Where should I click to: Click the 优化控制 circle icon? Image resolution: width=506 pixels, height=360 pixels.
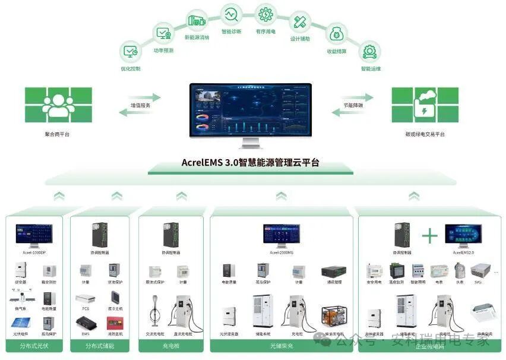pos(130,51)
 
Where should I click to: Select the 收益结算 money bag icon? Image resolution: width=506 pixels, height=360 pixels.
pos(337,34)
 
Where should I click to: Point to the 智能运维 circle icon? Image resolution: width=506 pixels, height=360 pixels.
pos(371,51)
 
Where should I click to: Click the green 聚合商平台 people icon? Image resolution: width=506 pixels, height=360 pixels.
pos(58,105)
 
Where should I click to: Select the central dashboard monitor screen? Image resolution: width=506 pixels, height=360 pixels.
pos(252,111)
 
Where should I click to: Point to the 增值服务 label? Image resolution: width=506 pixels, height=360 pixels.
pos(141,106)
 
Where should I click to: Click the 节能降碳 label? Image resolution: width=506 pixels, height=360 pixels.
pos(352,106)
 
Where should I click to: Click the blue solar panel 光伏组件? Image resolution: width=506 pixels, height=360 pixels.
pos(21,324)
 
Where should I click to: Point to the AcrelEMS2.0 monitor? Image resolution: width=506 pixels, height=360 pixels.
pos(463,235)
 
